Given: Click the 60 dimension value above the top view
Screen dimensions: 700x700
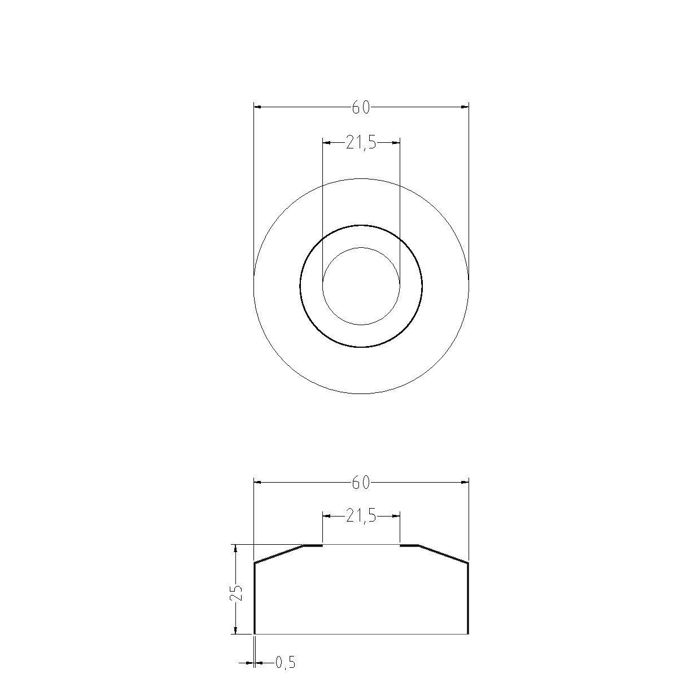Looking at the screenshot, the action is pyautogui.click(x=361, y=107).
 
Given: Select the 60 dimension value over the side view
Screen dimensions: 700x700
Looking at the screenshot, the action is pyautogui.click(x=361, y=483).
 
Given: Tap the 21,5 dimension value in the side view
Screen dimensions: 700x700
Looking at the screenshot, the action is pyautogui.click(x=361, y=516).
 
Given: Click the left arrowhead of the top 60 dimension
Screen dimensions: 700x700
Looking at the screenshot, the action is pyautogui.click(x=257, y=107).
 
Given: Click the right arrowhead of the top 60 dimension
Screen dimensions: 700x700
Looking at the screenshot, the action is pyautogui.click(x=465, y=107).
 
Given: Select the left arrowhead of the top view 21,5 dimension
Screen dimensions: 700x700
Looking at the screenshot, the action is pyautogui.click(x=327, y=143).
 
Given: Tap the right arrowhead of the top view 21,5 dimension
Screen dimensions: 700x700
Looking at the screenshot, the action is pyautogui.click(x=396, y=143).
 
